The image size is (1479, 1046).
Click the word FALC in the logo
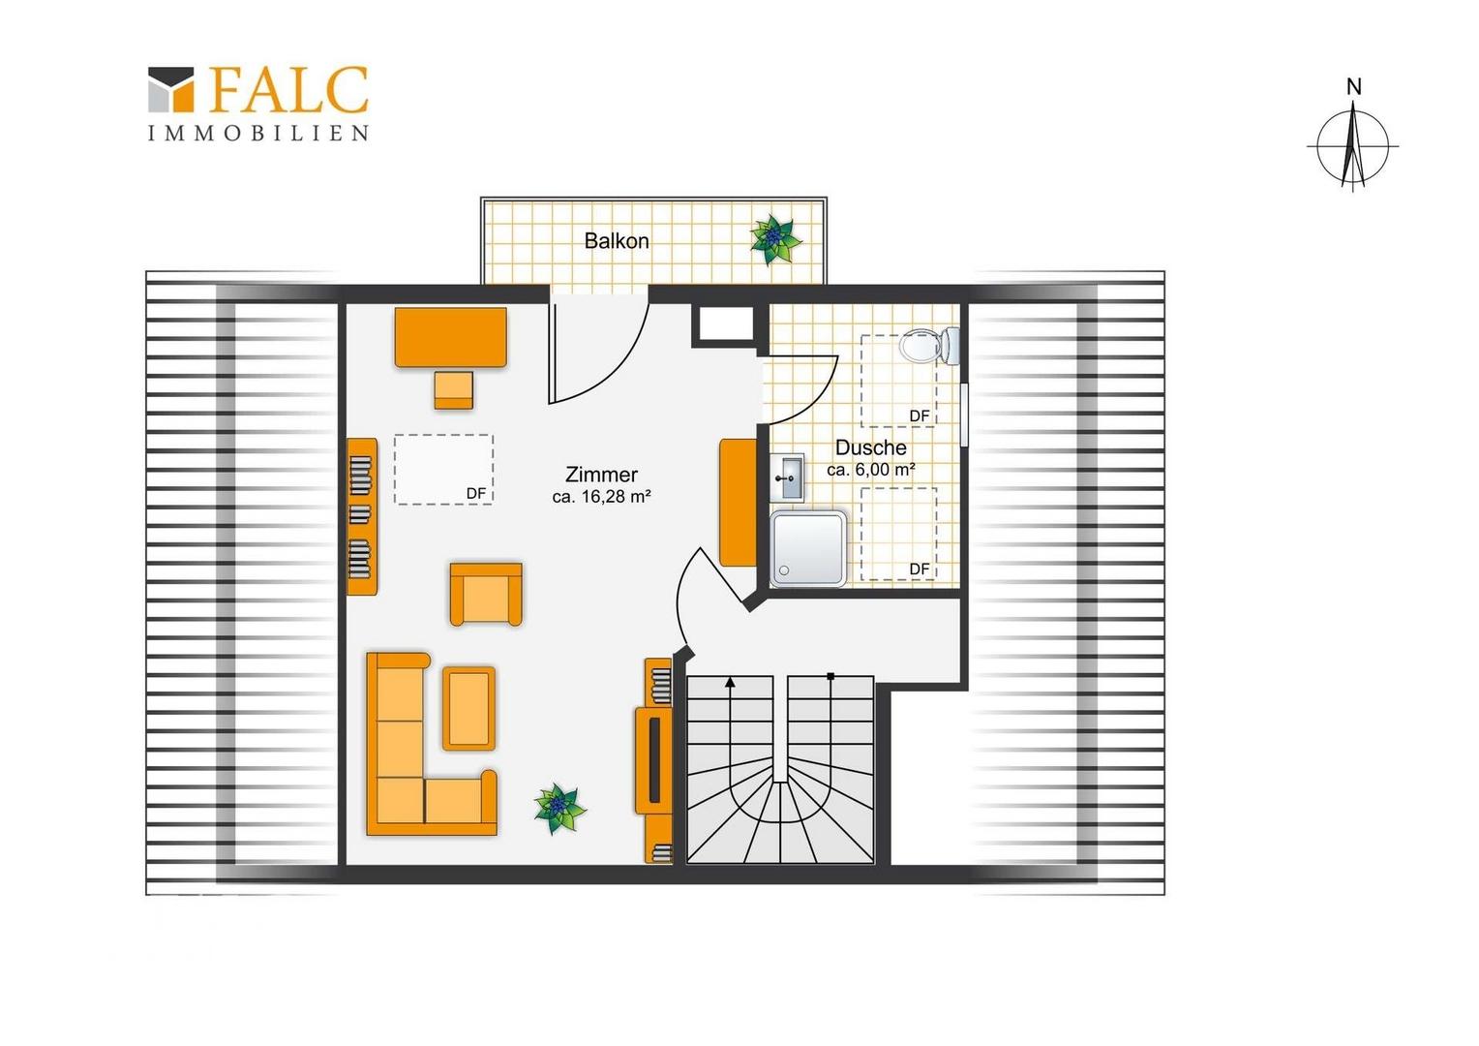(288, 89)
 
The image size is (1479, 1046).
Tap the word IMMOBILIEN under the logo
(258, 133)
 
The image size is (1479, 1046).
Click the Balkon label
(617, 240)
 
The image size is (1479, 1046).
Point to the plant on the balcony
(775, 238)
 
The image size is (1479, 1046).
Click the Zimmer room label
(601, 475)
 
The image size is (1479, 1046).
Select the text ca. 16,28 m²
(601, 496)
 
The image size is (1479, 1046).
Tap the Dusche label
(871, 447)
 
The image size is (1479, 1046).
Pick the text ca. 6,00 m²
(871, 470)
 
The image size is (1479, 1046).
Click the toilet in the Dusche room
(929, 345)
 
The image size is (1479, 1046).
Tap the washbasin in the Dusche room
(787, 477)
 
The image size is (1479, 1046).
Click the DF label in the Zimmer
(476, 493)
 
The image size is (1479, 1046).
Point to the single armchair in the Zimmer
(486, 594)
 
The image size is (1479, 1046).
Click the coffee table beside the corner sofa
(468, 708)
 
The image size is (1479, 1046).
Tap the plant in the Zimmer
(559, 809)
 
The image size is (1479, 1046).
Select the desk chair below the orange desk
(454, 390)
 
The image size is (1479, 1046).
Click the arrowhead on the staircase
(730, 683)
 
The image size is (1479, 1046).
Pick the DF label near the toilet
(920, 415)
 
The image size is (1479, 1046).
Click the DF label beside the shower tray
(920, 569)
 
